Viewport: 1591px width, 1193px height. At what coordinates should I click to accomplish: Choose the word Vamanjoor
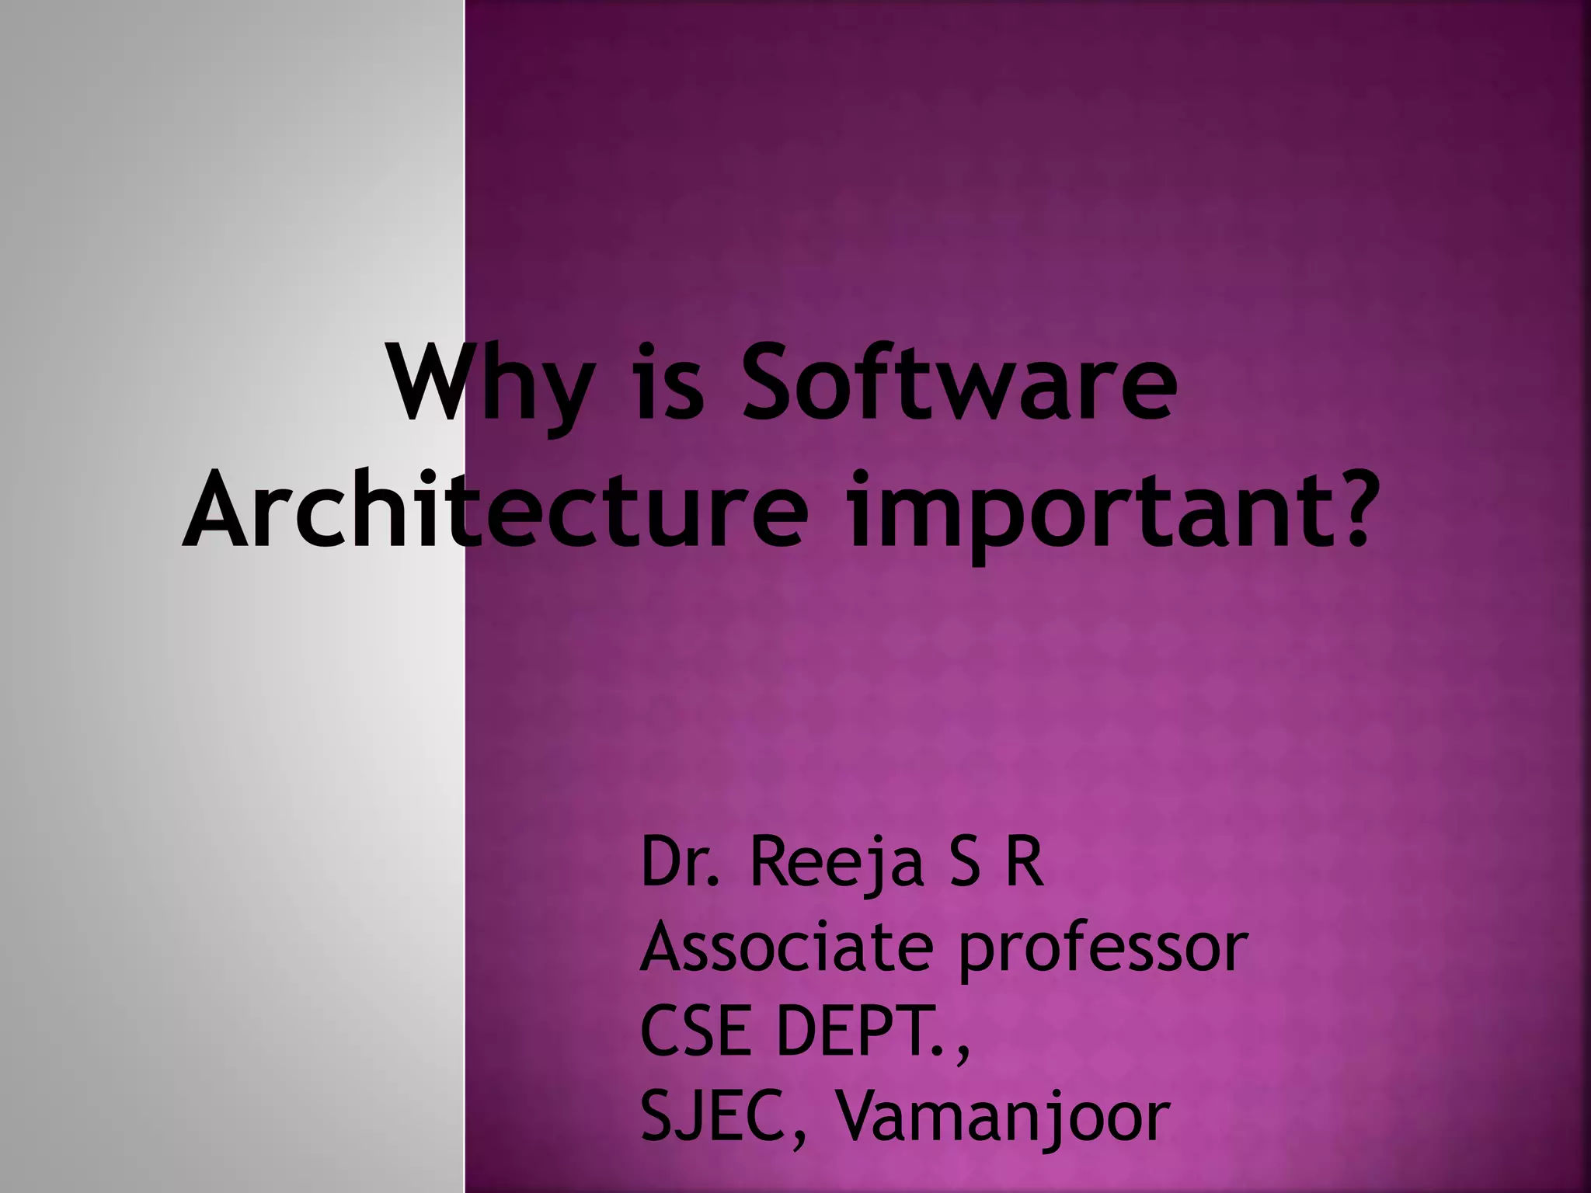[x=1001, y=1118]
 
